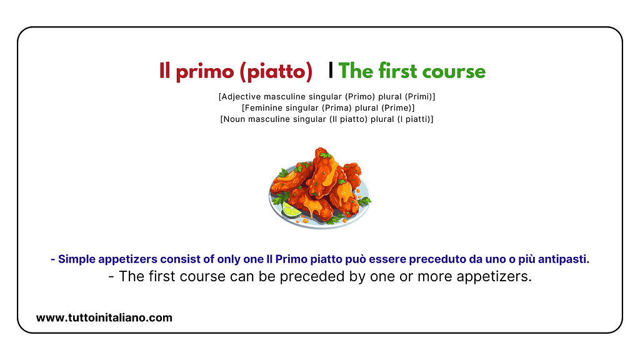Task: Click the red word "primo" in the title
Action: (x=205, y=72)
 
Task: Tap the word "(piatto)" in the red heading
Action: (x=276, y=72)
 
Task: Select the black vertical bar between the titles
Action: (x=331, y=71)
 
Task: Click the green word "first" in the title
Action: (x=399, y=71)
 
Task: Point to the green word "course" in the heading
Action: (x=454, y=72)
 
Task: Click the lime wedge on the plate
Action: (x=291, y=209)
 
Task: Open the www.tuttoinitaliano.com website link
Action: (x=104, y=318)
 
